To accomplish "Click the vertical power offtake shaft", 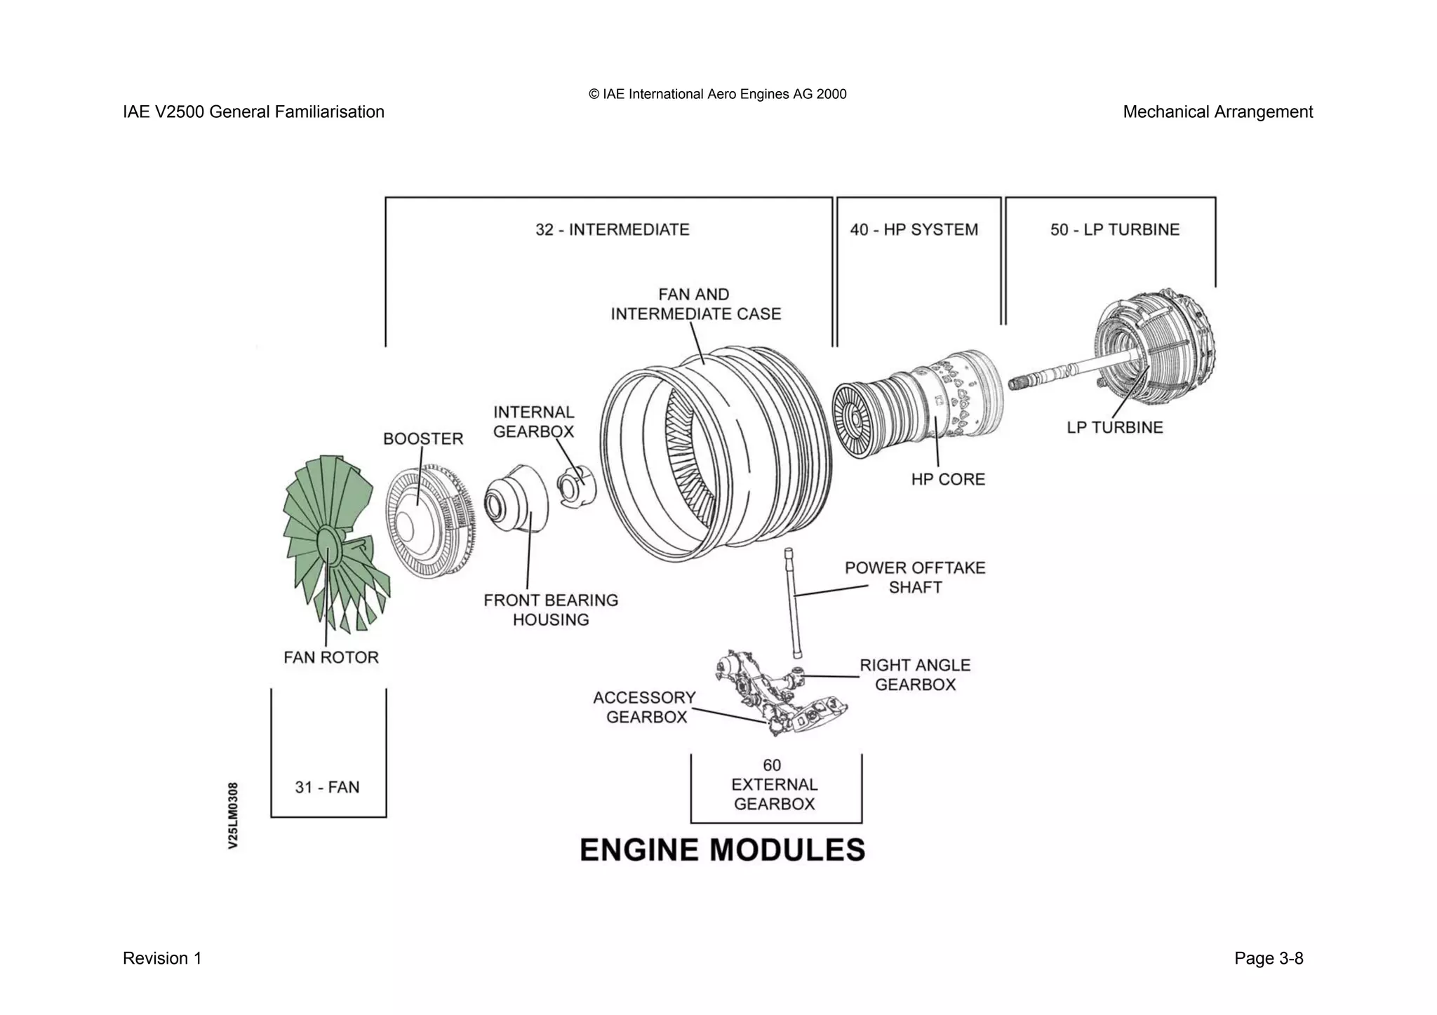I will point(794,603).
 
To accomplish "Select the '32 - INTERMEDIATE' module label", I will point(612,229).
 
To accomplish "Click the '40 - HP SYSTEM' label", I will point(914,229).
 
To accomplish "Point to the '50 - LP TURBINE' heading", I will point(1114,229).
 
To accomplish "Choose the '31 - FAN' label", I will point(327,787).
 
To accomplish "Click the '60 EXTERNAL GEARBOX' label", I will point(774,784).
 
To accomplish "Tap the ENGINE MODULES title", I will point(722,849).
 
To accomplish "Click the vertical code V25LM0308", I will point(234,815).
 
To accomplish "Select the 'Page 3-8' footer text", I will point(1269,958).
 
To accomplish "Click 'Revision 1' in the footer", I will point(162,958).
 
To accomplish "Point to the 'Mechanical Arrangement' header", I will point(1217,112).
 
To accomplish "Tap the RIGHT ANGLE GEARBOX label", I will point(915,674).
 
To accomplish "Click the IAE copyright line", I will point(717,94).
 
